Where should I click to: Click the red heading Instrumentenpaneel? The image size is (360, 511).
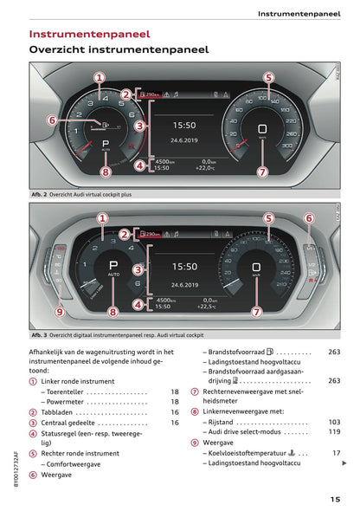[89, 34]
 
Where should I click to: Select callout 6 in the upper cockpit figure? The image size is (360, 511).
[51, 120]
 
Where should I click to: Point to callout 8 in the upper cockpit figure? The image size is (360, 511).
[105, 171]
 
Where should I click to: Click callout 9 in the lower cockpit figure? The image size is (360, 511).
[60, 311]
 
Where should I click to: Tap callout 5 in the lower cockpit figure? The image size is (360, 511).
[268, 218]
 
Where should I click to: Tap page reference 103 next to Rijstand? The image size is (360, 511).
[334, 422]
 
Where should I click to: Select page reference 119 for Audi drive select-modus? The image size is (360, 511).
[334, 431]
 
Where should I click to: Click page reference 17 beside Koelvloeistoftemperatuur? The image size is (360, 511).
[336, 452]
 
